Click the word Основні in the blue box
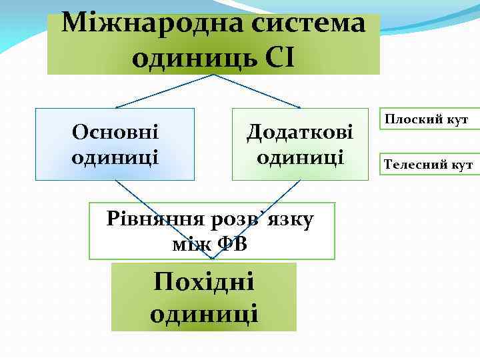115,131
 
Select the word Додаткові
300,131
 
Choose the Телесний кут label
428,164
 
